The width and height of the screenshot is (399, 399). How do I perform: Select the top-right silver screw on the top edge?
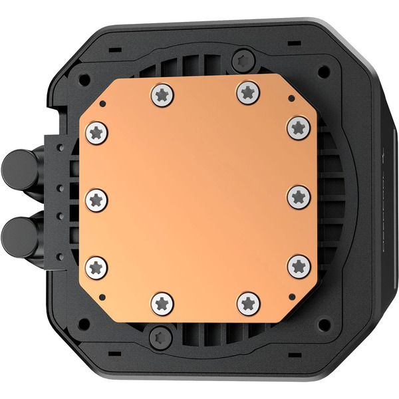[x=247, y=92]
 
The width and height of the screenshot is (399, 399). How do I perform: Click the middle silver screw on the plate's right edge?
[x=298, y=196]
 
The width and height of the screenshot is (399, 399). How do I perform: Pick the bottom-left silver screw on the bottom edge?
[x=162, y=303]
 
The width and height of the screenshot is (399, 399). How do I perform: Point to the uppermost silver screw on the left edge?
[x=96, y=132]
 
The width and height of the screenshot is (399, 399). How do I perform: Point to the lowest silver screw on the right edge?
[x=298, y=265]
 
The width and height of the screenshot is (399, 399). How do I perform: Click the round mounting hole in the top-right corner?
[x=323, y=70]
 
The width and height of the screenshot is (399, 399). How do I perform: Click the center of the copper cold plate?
[x=198, y=198]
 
